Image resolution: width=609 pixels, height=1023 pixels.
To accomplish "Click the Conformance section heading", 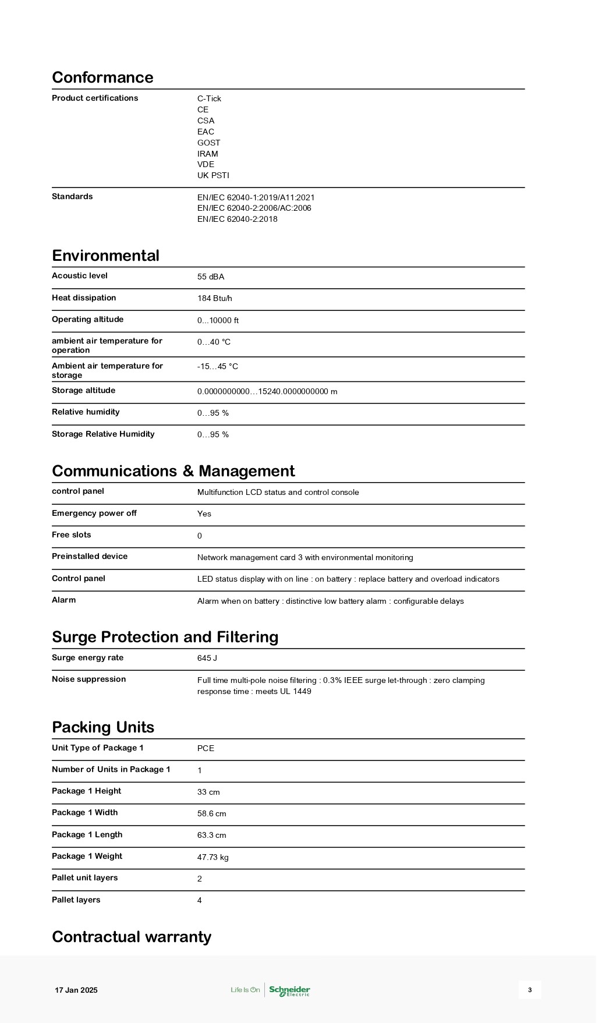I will pos(102,77).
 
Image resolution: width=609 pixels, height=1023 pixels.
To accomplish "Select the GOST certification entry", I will pos(208,143).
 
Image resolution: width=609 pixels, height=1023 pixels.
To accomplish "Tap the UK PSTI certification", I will pos(213,175).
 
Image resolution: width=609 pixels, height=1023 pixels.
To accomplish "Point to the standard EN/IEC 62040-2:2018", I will pos(237,219).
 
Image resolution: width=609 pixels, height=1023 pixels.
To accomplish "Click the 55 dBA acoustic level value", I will pos(210,277).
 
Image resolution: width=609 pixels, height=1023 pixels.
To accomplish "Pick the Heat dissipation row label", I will pos(84,298).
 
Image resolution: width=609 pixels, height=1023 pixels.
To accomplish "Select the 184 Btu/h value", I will pos(214,298).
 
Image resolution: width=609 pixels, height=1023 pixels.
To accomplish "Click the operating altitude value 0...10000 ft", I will pos(218,320).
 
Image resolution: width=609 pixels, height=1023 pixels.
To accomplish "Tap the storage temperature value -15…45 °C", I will pos(217,366).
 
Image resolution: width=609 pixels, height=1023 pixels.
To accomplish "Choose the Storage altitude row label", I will pos(83,390).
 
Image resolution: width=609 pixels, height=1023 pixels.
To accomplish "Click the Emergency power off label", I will pos(94,513).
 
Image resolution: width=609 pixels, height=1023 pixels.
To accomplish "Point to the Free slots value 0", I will pos(200,536).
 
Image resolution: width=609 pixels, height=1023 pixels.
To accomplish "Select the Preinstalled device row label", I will pos(90,556).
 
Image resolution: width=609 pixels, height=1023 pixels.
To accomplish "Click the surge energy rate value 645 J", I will pos(207,658).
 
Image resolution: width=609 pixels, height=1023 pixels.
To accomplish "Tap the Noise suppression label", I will pos(88,679).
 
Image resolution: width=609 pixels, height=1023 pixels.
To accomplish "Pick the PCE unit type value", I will pos(206,748).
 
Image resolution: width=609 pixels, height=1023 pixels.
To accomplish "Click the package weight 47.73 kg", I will pos(213,857).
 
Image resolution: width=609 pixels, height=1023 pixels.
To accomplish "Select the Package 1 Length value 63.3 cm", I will pos(211,835).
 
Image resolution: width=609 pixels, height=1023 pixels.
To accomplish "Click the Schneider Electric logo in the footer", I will pos(289,990).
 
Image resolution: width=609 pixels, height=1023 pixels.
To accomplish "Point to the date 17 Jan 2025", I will pos(76,990).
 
